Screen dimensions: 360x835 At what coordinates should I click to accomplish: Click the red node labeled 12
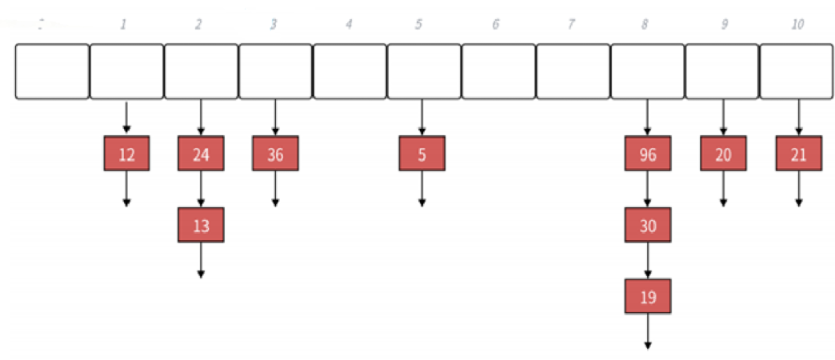point(126,154)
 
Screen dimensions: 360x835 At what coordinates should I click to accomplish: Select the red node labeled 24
point(201,154)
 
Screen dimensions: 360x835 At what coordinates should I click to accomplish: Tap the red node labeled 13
point(201,226)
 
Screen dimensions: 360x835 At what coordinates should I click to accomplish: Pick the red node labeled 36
point(275,154)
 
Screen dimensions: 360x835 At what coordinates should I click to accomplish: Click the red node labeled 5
point(421,154)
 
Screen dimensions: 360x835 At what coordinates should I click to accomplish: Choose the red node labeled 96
point(648,154)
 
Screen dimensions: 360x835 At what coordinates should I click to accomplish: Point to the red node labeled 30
point(648,226)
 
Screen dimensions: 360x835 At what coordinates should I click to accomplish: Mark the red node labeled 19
point(648,297)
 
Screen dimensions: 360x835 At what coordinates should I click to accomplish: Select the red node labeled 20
point(723,154)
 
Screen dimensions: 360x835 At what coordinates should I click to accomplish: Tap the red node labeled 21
point(798,154)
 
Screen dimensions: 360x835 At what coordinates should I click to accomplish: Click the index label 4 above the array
point(349,25)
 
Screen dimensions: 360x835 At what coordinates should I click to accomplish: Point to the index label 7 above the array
point(571,25)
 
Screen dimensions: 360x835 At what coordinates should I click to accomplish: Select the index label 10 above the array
point(797,25)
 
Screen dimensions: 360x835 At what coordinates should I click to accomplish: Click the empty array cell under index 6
point(498,71)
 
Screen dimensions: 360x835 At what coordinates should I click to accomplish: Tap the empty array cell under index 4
point(350,71)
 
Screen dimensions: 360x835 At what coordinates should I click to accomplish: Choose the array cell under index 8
point(647,71)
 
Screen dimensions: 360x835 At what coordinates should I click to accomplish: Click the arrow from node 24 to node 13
point(201,190)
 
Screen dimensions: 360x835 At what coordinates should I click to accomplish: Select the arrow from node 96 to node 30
point(648,190)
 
